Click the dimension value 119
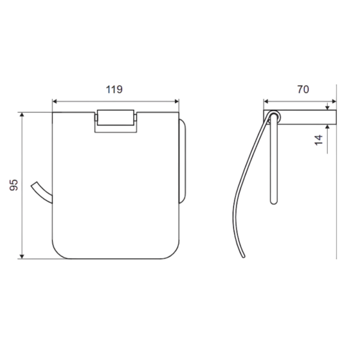[x=114, y=89]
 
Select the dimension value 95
[x=14, y=185]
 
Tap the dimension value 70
[x=303, y=89]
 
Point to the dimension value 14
[x=319, y=140]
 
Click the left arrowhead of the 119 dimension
[x=55, y=101]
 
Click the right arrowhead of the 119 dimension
[x=176, y=101]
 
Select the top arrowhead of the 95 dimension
[x=22, y=115]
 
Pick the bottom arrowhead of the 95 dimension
[x=22, y=256]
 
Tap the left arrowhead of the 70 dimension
[x=266, y=101]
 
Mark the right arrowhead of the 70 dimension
[x=334, y=101]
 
